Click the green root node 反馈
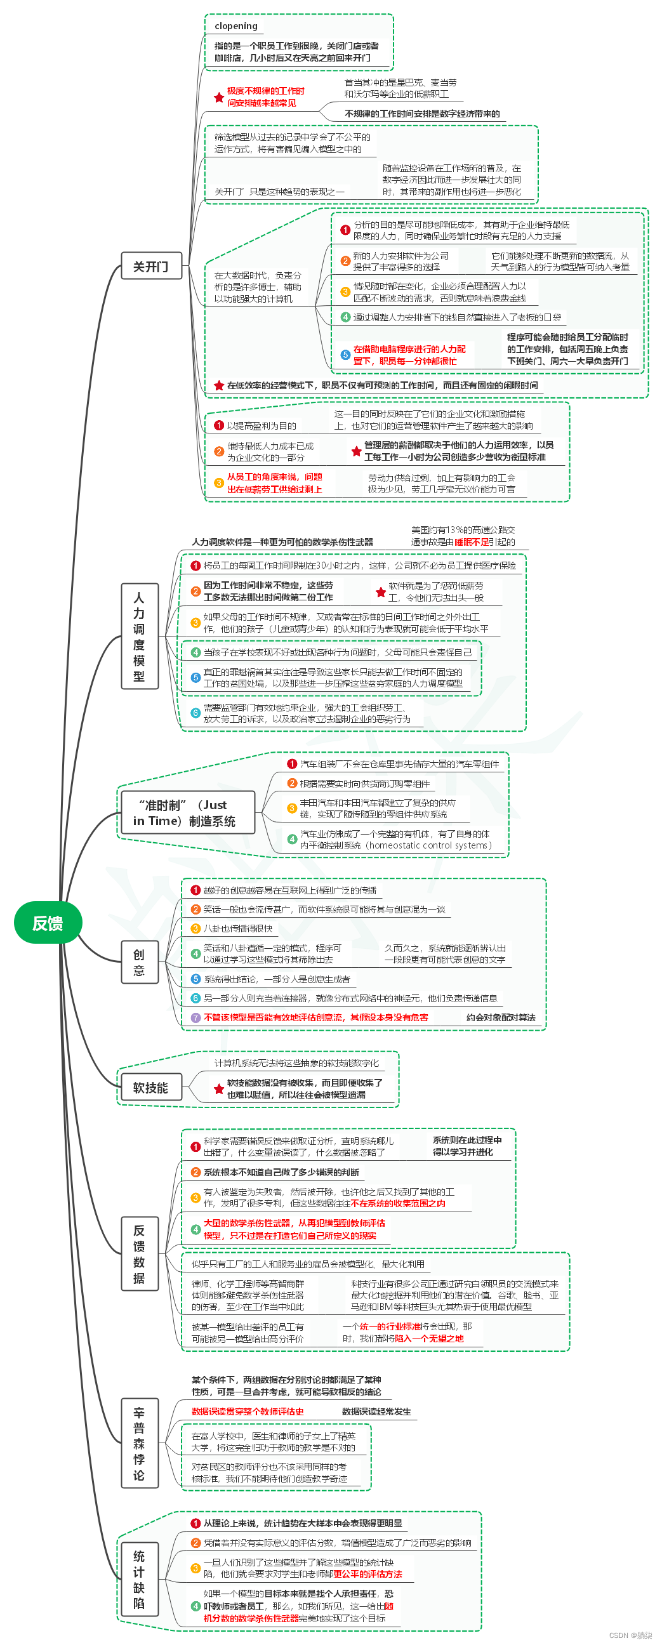(x=48, y=923)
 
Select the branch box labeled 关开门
(x=151, y=266)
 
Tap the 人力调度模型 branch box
(x=139, y=636)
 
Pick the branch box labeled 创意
(x=139, y=962)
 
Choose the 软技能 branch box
(x=150, y=1088)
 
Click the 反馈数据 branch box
(x=139, y=1254)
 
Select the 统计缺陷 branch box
(x=139, y=1579)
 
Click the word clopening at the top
(x=236, y=26)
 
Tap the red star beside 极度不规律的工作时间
(x=219, y=98)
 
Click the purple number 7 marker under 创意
(x=196, y=1017)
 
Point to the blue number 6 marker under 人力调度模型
(x=196, y=713)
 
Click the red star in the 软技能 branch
(x=219, y=1089)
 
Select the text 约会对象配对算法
(x=501, y=1017)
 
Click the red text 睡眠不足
(x=472, y=542)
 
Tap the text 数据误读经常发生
(x=376, y=1411)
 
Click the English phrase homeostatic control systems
(x=428, y=845)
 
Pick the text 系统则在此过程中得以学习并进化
(x=467, y=1146)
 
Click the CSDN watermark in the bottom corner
(x=630, y=1635)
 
